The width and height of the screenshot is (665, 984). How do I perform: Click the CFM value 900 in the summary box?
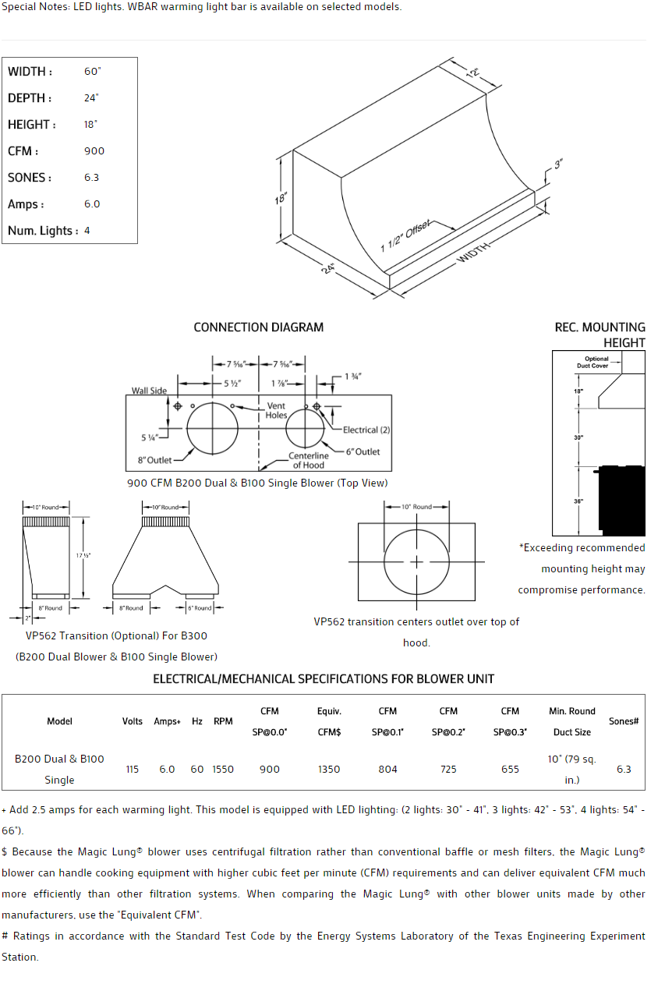[94, 151]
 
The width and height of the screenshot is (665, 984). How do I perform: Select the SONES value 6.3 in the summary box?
[91, 178]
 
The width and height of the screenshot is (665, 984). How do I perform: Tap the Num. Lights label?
[42, 231]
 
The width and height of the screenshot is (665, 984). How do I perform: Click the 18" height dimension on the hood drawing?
[281, 199]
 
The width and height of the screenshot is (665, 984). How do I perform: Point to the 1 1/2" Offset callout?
[405, 236]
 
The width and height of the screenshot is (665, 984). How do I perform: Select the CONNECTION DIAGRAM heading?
[258, 327]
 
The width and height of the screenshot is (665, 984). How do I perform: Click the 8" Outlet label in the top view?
[155, 460]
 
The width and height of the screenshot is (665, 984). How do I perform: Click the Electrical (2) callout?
[366, 430]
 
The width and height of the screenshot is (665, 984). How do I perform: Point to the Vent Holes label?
[276, 410]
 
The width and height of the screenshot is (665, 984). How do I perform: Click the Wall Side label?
[149, 391]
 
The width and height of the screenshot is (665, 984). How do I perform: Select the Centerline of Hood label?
[309, 460]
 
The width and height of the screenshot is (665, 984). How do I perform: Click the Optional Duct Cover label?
[596, 363]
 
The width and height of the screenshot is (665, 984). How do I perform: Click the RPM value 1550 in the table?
[223, 770]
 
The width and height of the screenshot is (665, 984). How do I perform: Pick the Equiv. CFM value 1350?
[329, 770]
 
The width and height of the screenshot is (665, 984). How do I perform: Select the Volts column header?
[133, 721]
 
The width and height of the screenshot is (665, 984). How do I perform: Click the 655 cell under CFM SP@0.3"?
[510, 770]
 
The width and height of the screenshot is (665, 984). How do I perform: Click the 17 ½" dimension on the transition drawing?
[83, 555]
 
